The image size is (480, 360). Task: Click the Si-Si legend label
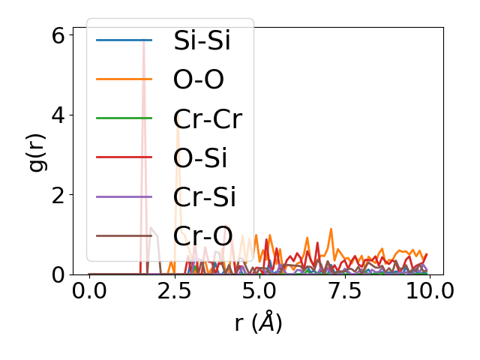coord(202,40)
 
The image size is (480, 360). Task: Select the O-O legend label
coord(199,79)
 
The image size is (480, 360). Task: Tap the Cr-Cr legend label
coord(208,118)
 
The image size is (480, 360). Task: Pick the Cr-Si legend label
coord(205,196)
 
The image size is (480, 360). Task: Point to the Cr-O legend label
coord(202,235)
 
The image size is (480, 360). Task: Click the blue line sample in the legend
coord(124,40)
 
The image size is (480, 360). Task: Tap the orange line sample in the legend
coord(124,79)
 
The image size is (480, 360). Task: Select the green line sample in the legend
coord(124,118)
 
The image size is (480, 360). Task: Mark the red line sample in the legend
coord(124,157)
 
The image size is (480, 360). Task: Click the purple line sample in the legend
coord(124,196)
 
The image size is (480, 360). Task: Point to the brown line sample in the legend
coord(124,235)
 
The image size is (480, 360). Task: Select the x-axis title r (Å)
coord(258,323)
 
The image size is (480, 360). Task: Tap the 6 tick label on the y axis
coord(58,34)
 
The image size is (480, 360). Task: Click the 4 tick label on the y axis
coord(58,115)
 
